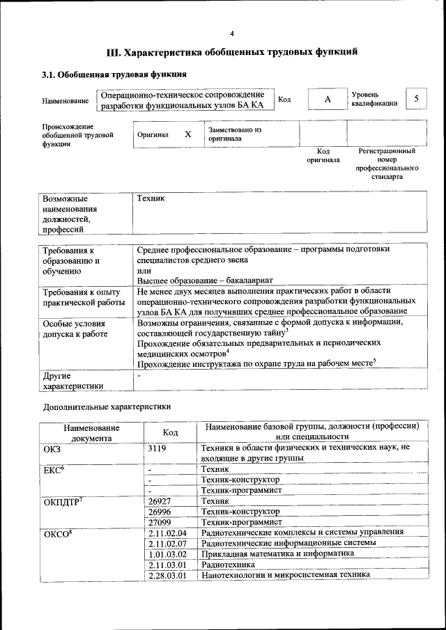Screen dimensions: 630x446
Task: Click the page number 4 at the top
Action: pos(232,33)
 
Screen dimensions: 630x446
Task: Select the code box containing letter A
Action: pos(327,100)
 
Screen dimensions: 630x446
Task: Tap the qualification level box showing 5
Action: pos(416,99)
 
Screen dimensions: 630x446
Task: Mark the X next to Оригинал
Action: pos(187,134)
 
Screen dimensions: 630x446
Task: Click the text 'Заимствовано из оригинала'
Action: pos(234,134)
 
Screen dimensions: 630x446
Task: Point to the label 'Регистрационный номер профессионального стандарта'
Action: pos(387,164)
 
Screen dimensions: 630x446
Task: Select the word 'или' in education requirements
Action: pos(144,269)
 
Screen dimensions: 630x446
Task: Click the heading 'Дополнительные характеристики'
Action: pos(106,406)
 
